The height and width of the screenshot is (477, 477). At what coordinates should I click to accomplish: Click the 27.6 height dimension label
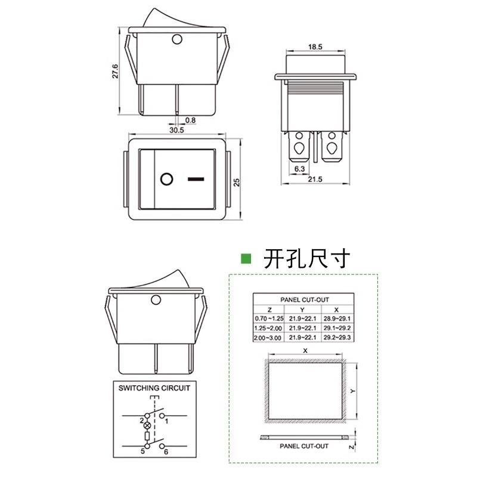(x=116, y=70)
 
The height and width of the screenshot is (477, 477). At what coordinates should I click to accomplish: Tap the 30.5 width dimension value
(x=176, y=129)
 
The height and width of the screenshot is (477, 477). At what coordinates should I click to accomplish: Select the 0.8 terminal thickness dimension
(x=190, y=120)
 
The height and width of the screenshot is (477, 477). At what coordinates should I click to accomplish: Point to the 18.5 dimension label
(x=315, y=46)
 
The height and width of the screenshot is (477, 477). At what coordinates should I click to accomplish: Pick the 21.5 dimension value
(x=315, y=179)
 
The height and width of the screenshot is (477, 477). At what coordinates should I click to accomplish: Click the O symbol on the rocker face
(x=166, y=178)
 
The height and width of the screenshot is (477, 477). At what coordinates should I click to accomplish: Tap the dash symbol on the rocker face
(x=195, y=178)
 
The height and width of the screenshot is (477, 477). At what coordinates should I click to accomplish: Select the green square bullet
(x=245, y=258)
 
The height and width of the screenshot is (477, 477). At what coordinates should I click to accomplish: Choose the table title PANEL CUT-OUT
(x=304, y=299)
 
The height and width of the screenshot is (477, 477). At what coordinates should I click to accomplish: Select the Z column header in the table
(x=270, y=309)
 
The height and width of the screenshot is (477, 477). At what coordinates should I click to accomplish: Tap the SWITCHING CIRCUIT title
(x=154, y=388)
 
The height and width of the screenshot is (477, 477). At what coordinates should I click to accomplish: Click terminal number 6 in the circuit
(x=166, y=451)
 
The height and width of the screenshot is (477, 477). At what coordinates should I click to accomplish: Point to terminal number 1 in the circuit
(x=166, y=422)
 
